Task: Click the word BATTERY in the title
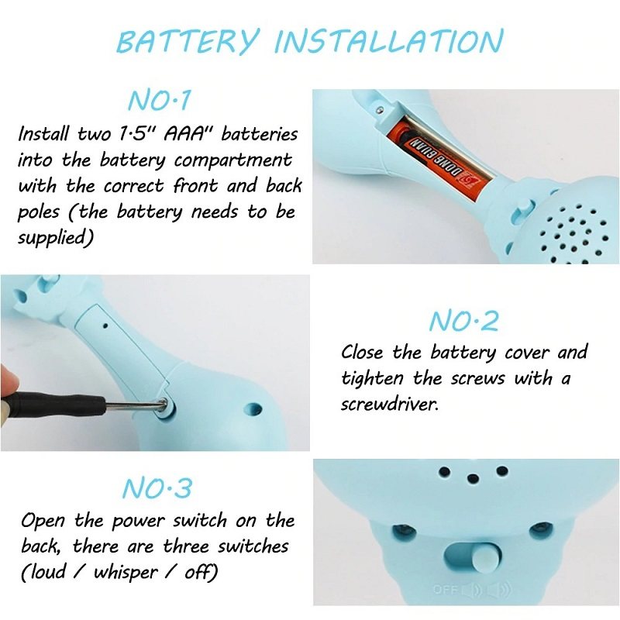188,41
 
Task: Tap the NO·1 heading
160,100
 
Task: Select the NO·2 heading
463,321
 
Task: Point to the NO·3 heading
157,488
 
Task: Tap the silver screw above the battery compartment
380,109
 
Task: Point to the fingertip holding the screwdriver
9,382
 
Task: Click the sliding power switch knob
484,559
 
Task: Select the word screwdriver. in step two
390,404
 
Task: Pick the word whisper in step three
126,572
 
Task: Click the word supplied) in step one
55,238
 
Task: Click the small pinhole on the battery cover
105,325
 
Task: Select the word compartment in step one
233,160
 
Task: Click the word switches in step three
253,546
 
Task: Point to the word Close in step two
362,352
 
